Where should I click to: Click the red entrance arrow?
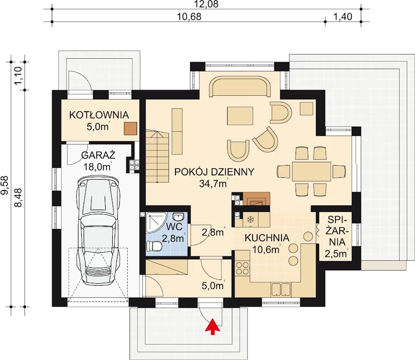coord(212,327)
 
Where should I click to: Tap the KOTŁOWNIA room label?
coord(99,115)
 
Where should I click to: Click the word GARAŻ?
coord(98,155)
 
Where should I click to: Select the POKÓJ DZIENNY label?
coord(214,172)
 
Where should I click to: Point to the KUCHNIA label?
coord(267,238)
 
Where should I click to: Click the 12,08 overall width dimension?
coord(207,4)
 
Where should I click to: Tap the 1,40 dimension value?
coord(343,17)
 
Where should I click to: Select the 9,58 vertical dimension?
coord(5,185)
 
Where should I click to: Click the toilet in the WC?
coord(154,246)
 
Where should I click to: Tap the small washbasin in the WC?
coord(178,217)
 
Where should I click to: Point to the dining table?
coord(312,171)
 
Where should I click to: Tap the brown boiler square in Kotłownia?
coord(130,129)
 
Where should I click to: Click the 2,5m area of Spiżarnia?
coord(336,254)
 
